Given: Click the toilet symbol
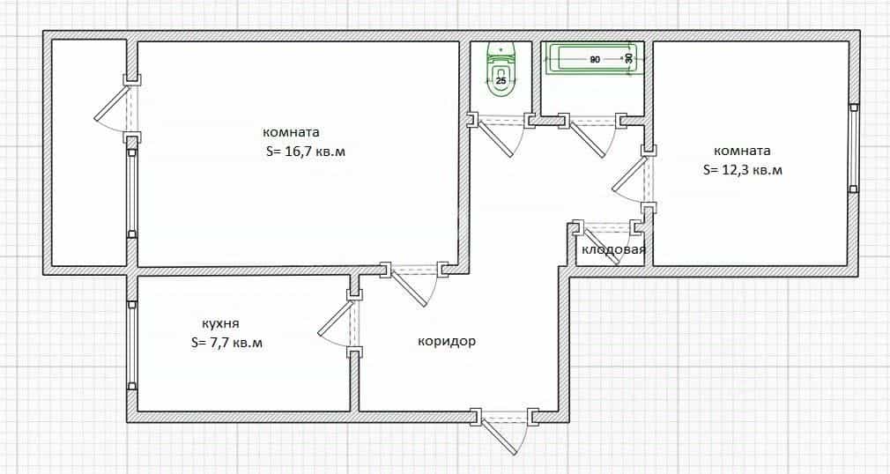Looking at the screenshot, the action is click(501, 70).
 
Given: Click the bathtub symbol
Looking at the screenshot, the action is click(594, 58).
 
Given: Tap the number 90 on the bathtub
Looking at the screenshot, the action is click(594, 59).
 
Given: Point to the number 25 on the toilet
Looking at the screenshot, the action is click(501, 81).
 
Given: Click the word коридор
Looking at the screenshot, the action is click(447, 342).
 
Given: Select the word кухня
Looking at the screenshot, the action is click(221, 323).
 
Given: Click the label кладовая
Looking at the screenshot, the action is click(613, 249).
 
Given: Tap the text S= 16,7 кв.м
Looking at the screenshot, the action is click(306, 152).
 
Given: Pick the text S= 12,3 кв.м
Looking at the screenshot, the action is click(743, 170).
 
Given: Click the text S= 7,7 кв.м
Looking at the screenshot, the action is click(227, 343).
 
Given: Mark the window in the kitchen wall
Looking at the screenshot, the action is click(131, 345).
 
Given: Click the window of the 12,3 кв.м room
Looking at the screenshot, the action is click(854, 148).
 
